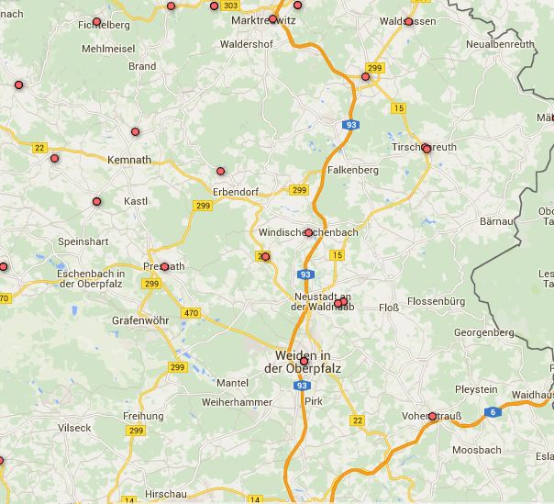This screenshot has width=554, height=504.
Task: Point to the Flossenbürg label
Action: coord(437,301)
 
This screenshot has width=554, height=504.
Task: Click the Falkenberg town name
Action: coord(352,171)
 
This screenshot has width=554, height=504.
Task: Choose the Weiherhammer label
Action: coord(237,402)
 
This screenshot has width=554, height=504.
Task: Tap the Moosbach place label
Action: coord(476,450)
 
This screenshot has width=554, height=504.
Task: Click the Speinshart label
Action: coord(83,240)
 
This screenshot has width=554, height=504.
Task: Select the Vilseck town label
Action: coord(74,428)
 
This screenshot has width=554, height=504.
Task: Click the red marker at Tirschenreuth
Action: coord(427,149)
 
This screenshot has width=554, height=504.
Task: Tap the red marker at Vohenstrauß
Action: coord(433,417)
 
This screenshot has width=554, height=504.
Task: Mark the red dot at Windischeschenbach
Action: coord(309,233)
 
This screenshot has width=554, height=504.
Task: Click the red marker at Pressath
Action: coord(165,267)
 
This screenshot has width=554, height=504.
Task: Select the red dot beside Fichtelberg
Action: coord(97,21)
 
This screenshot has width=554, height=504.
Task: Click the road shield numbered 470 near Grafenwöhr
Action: coord(191,313)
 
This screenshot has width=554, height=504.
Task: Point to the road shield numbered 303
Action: coord(230,6)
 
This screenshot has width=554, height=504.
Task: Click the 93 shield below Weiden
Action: coord(303,386)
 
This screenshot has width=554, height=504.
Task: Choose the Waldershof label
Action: coord(250,43)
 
